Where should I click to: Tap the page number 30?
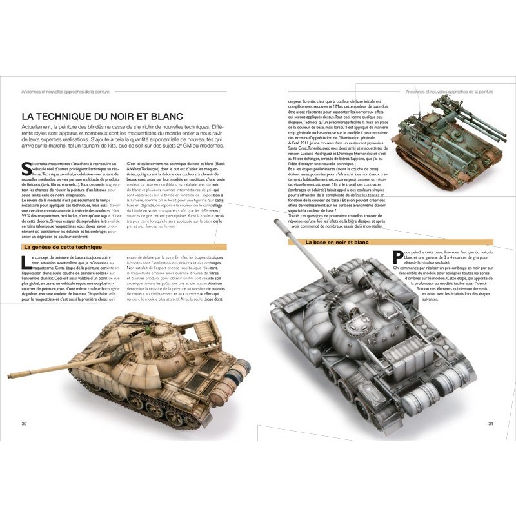[x=23, y=424]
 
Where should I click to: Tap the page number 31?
[x=490, y=424]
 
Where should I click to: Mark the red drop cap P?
[x=398, y=256]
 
